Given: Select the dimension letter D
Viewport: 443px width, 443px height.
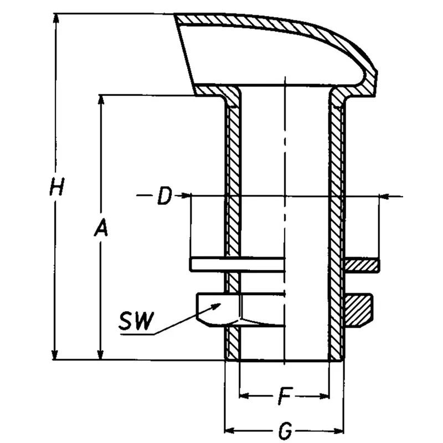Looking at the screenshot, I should (163, 196).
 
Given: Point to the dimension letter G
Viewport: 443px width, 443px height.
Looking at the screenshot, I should (285, 430).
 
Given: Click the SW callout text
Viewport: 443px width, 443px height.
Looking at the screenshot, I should (136, 322).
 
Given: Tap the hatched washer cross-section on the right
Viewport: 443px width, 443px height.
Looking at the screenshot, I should (362, 265).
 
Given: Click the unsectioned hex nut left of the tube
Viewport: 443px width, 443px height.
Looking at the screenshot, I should (219, 310).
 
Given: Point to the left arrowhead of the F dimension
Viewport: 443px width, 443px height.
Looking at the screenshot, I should (244, 396).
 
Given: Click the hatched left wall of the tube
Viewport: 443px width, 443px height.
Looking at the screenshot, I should (233, 221).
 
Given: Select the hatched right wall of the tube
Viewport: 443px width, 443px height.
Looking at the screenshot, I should (336, 221).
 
